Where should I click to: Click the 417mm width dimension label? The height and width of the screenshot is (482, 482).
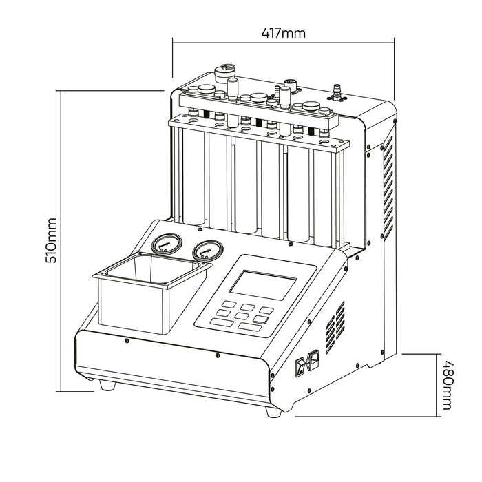coord(284,32)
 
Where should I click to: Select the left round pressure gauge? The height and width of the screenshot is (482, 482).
coord(164,246)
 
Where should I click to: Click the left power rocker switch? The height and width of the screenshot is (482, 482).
coord(301,367)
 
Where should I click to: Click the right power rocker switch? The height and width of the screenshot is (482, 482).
coord(314,360)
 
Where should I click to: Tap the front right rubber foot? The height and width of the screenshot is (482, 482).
coord(272,411)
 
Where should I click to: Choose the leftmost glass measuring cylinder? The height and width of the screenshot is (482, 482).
coord(194,179)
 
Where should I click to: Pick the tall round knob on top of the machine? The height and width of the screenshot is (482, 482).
coord(226,72)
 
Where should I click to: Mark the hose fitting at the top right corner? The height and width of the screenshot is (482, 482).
coord(337,90)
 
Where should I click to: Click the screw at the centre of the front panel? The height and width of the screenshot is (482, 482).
coord(218,355)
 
